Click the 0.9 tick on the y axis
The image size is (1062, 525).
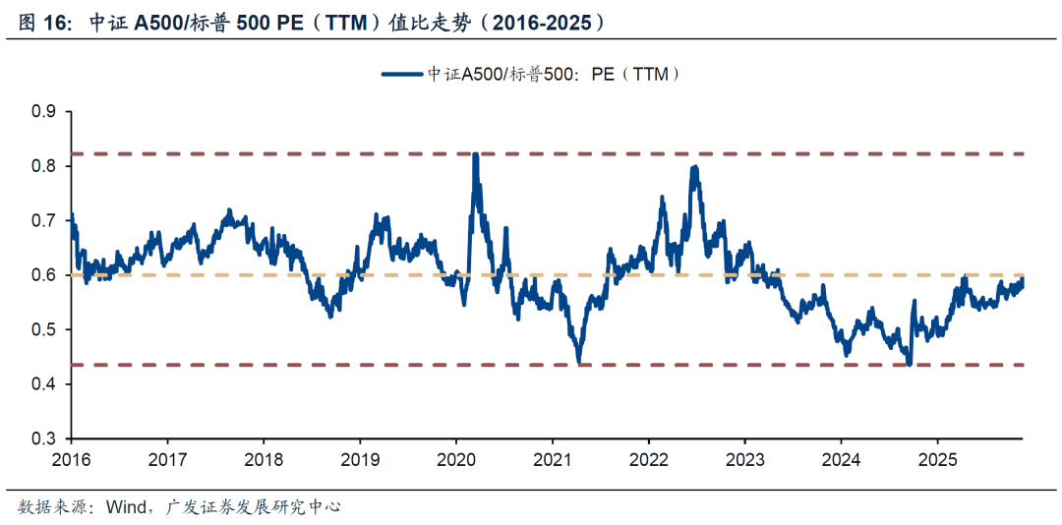(x=45, y=112)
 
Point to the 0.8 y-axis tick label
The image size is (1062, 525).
(x=45, y=166)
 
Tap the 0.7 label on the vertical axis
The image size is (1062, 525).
(x=45, y=221)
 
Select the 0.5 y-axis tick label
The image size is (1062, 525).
(x=45, y=329)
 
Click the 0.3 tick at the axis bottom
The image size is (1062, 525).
(x=45, y=438)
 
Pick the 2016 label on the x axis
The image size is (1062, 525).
(x=72, y=459)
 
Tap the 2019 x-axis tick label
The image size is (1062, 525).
(x=361, y=459)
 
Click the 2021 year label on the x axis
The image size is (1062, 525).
(x=553, y=459)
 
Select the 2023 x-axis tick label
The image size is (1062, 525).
(x=745, y=459)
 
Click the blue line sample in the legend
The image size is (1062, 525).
(x=401, y=73)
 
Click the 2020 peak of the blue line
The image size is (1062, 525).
(x=476, y=155)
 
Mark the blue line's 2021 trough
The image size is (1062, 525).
(x=579, y=363)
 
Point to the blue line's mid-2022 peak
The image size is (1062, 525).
(x=694, y=168)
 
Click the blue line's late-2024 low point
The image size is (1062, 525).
(x=910, y=364)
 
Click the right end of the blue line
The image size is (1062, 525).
(x=1022, y=280)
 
